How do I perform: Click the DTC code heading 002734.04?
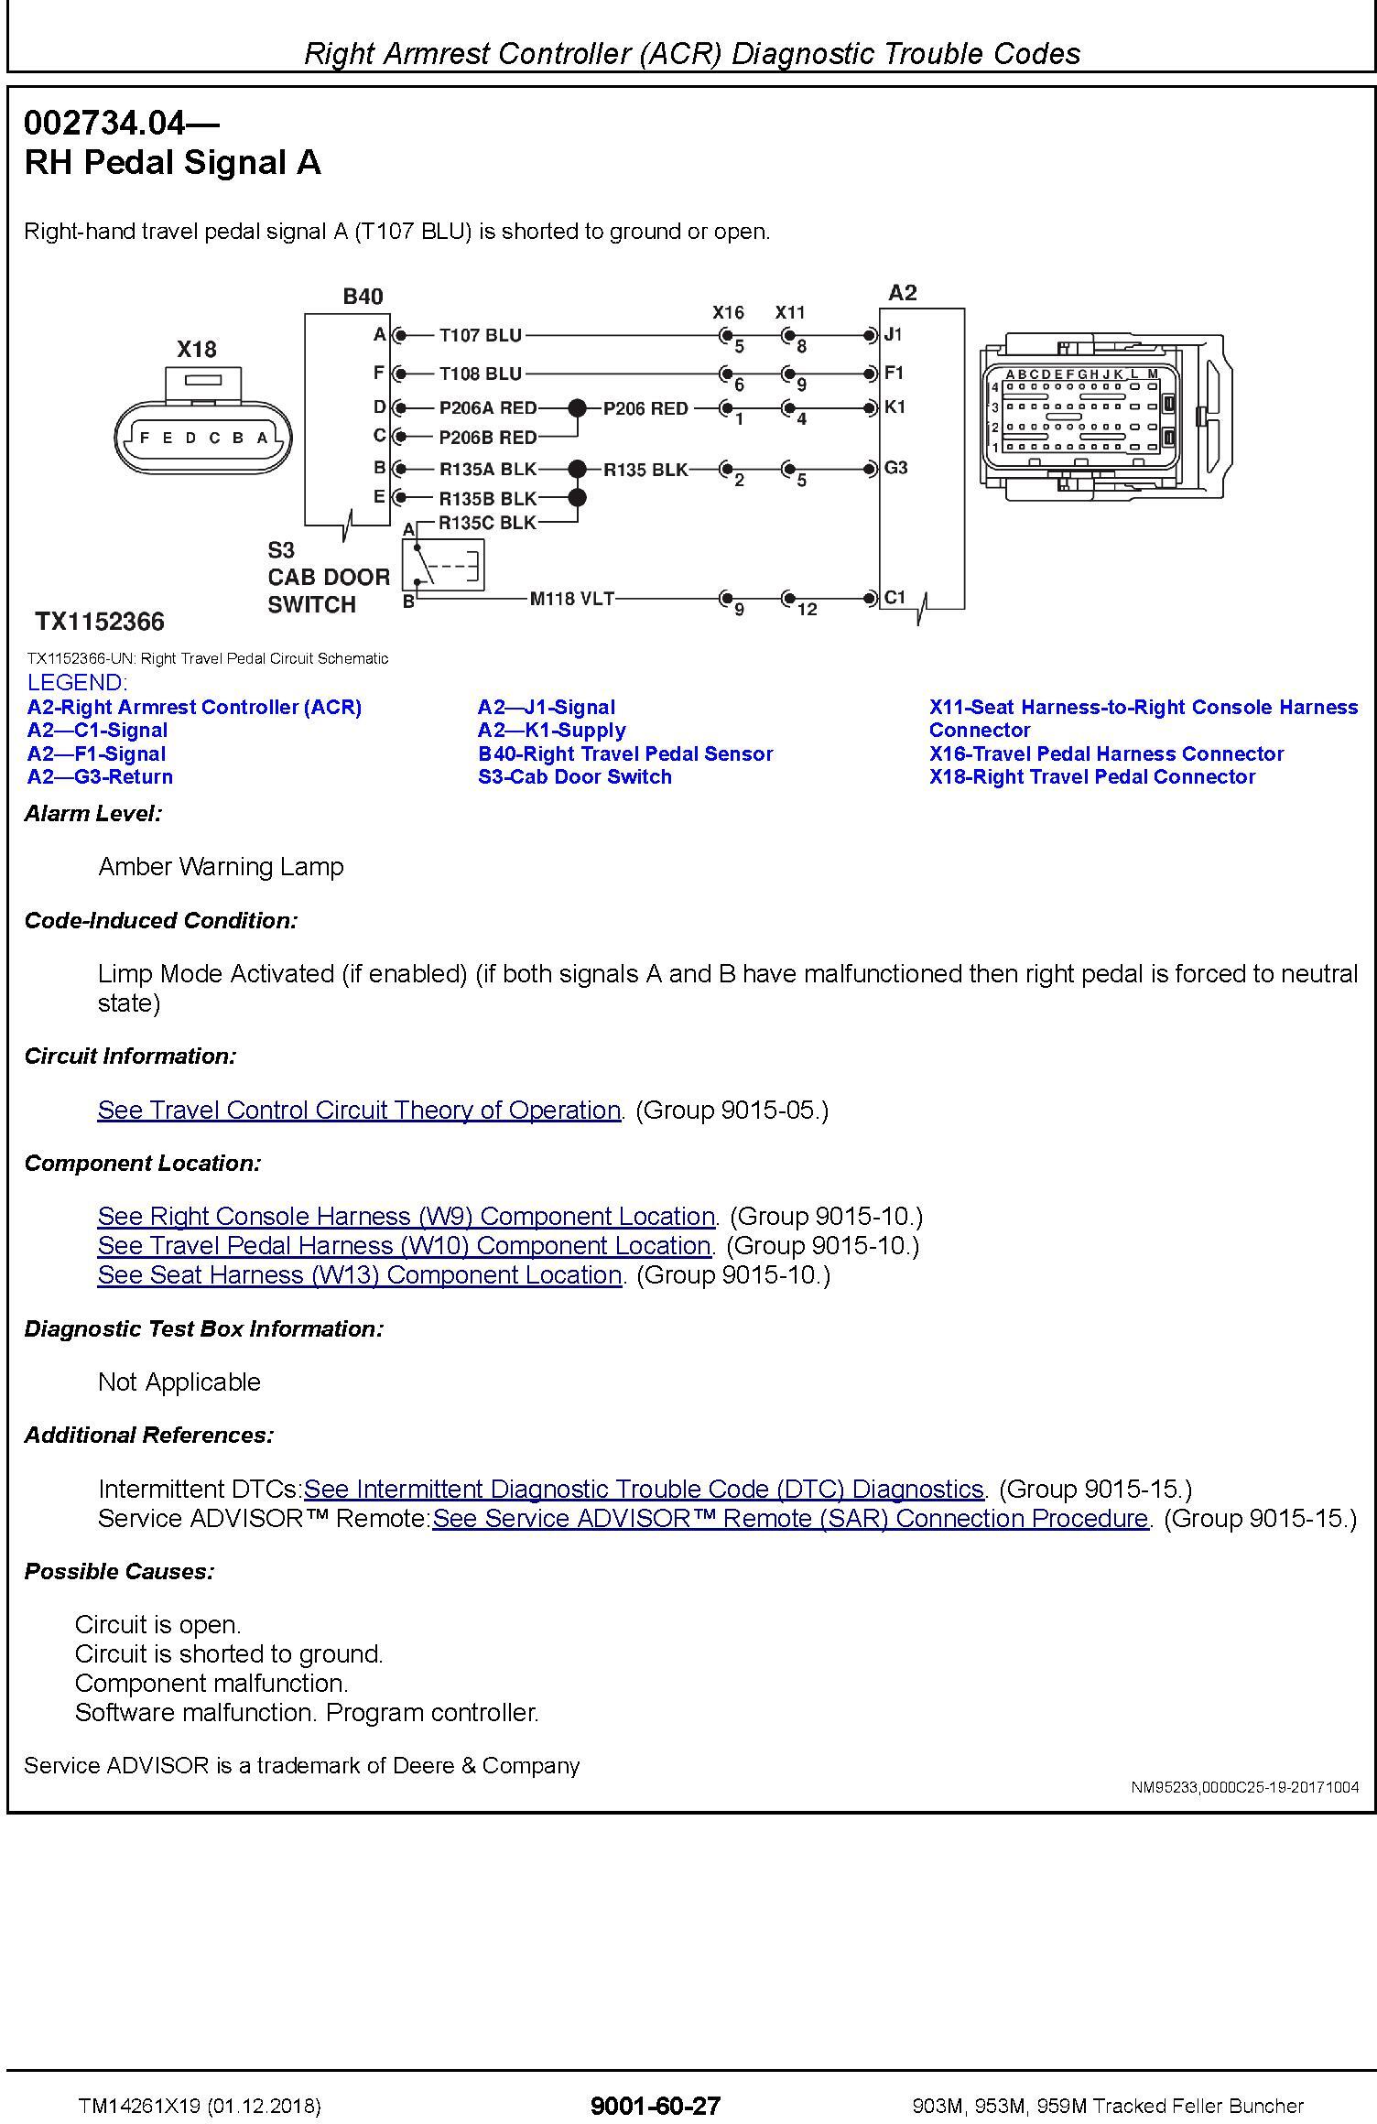coord(121,122)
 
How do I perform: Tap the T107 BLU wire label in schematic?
coord(480,335)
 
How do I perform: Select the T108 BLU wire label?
coord(480,374)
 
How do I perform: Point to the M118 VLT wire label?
coord(571,599)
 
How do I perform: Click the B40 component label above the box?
coord(363,297)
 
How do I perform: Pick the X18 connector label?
coord(197,349)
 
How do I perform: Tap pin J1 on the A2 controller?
coord(894,335)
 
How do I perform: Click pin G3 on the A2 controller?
coord(895,468)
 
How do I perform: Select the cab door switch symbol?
coord(443,565)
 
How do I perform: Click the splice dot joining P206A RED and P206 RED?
coord(577,408)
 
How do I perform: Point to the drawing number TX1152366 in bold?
coord(100,623)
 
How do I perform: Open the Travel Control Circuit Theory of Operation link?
coord(359,1110)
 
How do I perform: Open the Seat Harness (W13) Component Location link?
coord(359,1274)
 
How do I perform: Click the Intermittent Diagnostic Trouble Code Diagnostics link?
coord(644,1489)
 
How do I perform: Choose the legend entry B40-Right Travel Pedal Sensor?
coord(625,753)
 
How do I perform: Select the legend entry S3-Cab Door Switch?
coord(575,777)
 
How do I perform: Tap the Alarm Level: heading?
coord(93,813)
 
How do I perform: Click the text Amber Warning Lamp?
coord(221,866)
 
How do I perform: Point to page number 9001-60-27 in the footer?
coord(656,2105)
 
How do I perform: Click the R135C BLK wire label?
coord(487,523)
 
